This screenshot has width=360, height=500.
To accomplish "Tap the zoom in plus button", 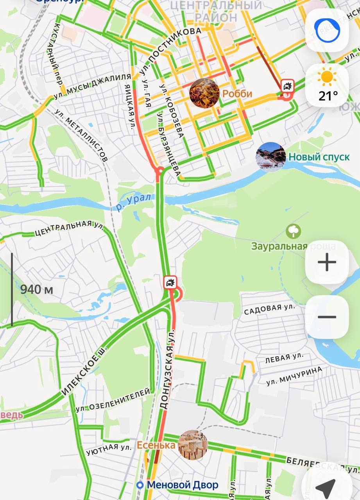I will pyautogui.click(x=327, y=262).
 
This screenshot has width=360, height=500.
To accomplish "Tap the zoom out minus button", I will pyautogui.click(x=327, y=317).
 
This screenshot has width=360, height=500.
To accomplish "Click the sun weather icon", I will pyautogui.click(x=327, y=77).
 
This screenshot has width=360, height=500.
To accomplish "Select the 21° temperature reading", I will pyautogui.click(x=328, y=96).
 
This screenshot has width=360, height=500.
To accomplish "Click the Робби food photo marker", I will pyautogui.click(x=204, y=93).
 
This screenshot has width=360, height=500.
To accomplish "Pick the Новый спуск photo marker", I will pyautogui.click(x=270, y=157).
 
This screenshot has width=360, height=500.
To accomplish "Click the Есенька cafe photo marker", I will pyautogui.click(x=192, y=445).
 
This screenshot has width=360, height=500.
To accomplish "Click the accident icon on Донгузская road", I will pyautogui.click(x=170, y=282).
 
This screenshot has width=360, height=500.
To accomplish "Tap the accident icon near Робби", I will pyautogui.click(x=288, y=85).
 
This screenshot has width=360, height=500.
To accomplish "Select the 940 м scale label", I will pyautogui.click(x=36, y=289).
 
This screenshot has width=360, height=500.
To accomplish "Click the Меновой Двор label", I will pyautogui.click(x=182, y=485).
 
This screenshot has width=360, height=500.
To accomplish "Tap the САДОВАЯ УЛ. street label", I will pyautogui.click(x=270, y=309).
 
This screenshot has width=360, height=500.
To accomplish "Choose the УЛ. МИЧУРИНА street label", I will pyautogui.click(x=294, y=376).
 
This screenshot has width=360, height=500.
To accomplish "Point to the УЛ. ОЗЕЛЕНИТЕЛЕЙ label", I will pyautogui.click(x=113, y=400).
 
